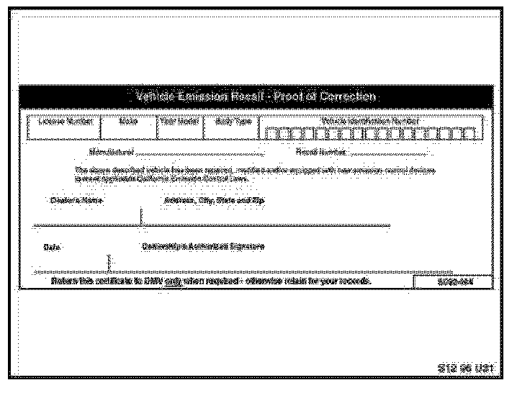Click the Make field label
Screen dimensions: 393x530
coord(129,122)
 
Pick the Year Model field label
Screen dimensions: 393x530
coord(179,122)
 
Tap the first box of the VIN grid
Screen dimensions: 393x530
coord(268,133)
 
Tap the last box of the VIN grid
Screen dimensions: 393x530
coord(472,133)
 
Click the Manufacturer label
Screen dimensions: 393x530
coord(111,152)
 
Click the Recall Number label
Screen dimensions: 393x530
coord(321,152)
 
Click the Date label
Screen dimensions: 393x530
coord(52,247)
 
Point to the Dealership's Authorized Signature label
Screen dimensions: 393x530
coord(203,246)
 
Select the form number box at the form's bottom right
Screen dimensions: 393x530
coord(454,281)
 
